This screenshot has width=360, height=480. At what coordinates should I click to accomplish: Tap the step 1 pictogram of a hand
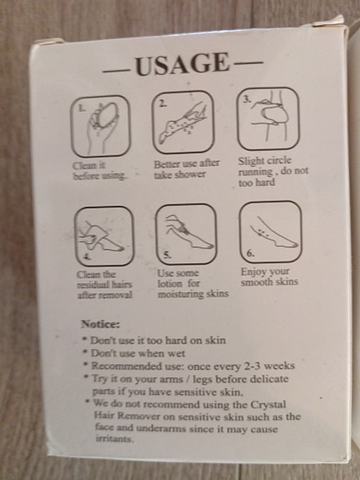99,126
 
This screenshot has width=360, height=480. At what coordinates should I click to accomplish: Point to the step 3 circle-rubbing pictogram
267,121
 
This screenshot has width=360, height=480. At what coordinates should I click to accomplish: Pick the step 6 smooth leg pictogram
269,231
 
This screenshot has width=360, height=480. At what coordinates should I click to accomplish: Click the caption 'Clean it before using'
99,170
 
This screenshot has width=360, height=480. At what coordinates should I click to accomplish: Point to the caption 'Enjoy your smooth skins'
269,277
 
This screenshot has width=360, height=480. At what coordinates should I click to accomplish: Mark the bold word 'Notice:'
99,324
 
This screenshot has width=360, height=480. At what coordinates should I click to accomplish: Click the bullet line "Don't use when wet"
132,353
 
